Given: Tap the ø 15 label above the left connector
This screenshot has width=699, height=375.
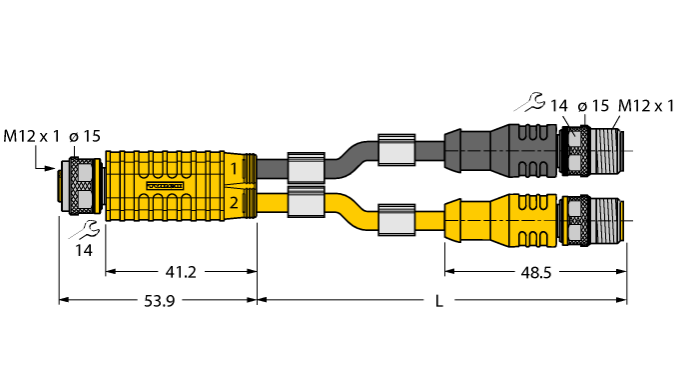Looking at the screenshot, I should pos(84,135).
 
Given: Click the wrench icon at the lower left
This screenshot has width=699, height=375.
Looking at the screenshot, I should pos(81,229).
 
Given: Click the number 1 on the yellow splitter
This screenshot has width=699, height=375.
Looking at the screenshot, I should pos(234,169).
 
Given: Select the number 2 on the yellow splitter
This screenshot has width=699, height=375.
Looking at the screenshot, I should pos(234,203).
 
